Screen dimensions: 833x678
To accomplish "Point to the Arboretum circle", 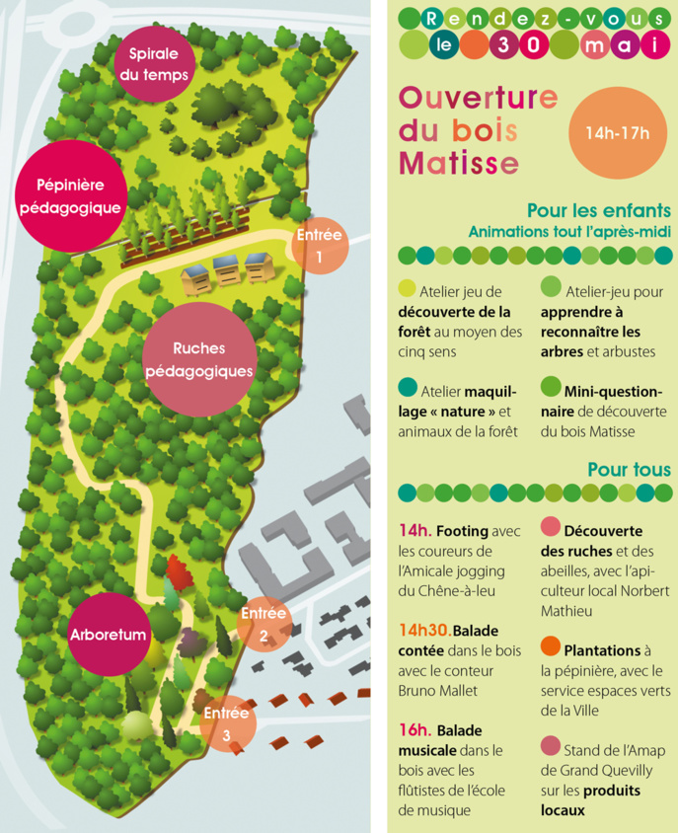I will click(109, 633).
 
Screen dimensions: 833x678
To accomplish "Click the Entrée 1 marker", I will click(318, 245).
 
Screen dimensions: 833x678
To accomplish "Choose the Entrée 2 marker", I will click(264, 624).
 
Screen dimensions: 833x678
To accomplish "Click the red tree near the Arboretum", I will click(177, 570).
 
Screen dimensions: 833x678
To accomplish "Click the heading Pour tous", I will click(629, 469).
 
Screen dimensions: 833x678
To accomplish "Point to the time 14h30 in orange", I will click(423, 630).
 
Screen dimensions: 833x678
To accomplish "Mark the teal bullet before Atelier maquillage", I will click(407, 387).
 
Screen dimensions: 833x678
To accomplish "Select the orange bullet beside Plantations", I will click(551, 648).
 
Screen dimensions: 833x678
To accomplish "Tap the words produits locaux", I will click(589, 800).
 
